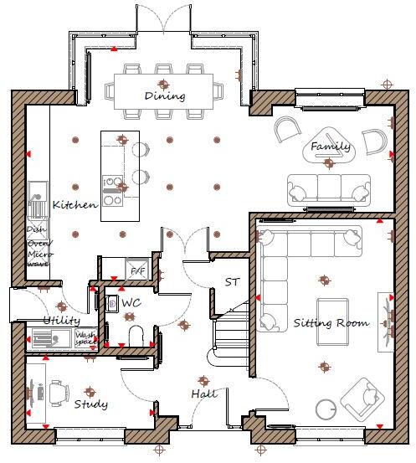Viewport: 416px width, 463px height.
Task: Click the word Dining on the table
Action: pos(164,95)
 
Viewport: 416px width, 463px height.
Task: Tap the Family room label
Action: pos(331,147)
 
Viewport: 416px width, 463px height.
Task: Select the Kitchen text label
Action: pos(74,204)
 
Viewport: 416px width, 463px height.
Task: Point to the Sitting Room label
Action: pos(330,323)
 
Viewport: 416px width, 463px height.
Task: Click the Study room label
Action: pos(90,404)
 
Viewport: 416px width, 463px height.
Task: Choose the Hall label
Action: pos(203,393)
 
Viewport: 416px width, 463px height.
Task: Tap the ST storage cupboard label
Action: pos(232,282)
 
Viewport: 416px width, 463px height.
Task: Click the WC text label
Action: pos(131,301)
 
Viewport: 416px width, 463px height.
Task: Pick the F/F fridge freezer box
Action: pos(136,270)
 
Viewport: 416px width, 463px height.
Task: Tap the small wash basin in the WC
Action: pos(112,301)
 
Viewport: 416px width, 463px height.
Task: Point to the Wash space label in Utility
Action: pos(87,339)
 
